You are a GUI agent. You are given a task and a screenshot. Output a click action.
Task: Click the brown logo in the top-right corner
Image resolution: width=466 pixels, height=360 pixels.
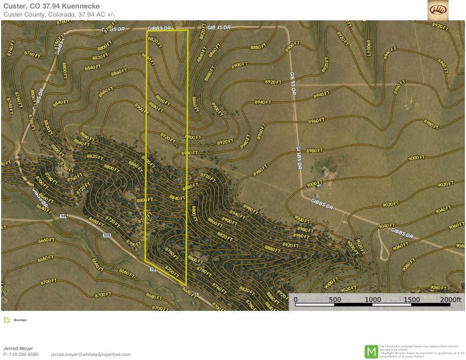click(x=437, y=10)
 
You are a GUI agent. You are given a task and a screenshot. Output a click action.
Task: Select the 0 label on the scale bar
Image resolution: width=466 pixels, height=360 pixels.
click(x=296, y=300)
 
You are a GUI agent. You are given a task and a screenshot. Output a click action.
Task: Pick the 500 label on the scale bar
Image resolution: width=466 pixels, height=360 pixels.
click(x=335, y=300)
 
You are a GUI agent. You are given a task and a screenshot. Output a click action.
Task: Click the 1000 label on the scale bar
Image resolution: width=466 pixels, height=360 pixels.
click(x=373, y=300)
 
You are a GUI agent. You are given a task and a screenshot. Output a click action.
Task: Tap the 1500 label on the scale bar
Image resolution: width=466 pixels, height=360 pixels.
click(x=412, y=300)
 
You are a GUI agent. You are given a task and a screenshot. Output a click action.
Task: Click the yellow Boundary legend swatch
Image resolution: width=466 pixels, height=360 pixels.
click(x=6, y=320)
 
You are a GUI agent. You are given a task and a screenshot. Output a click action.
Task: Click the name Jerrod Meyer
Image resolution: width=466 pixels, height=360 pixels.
click(x=18, y=348)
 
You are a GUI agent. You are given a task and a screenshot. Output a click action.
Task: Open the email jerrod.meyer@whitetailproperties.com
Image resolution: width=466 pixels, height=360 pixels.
click(x=91, y=354)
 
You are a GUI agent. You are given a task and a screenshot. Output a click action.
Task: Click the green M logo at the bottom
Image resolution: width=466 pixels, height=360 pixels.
click(x=371, y=351)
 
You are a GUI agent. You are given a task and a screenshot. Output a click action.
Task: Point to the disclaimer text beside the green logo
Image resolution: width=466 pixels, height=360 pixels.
click(x=420, y=351)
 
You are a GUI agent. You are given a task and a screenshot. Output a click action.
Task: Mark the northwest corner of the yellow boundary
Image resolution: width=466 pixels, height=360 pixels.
click(x=146, y=30)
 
